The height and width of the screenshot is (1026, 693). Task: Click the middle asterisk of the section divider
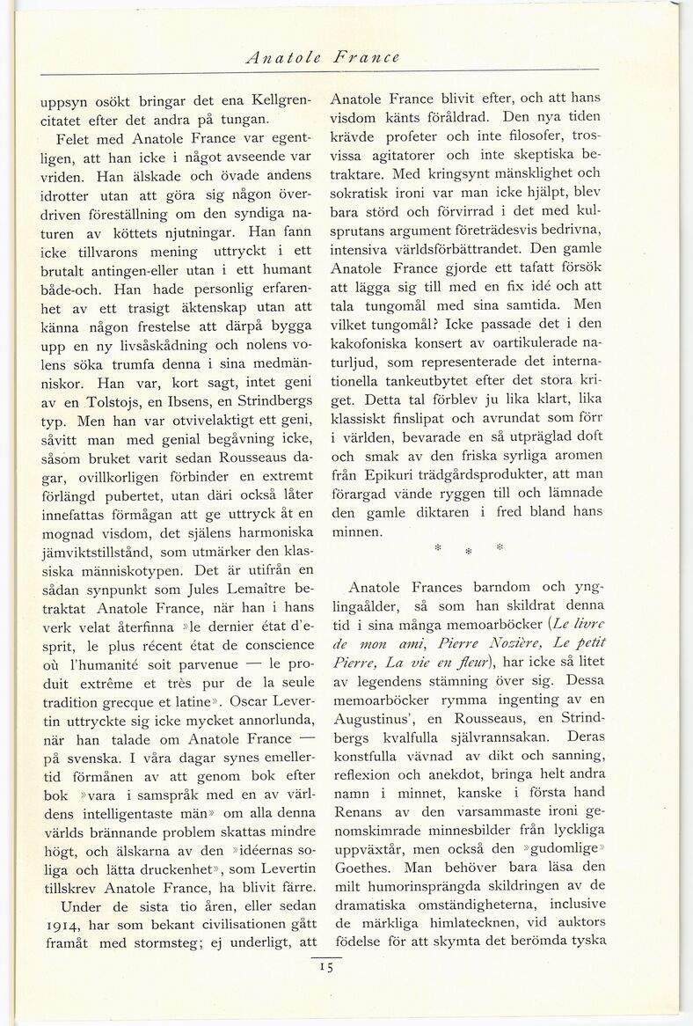469,548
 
